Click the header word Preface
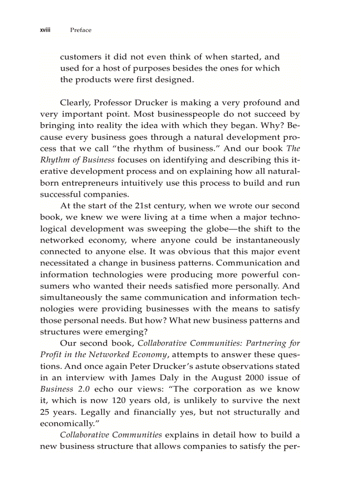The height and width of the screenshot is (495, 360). pyautogui.click(x=81, y=30)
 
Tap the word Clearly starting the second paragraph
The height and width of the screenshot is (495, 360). pyautogui.click(x=75, y=103)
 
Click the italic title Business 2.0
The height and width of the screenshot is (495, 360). pyautogui.click(x=66, y=389)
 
